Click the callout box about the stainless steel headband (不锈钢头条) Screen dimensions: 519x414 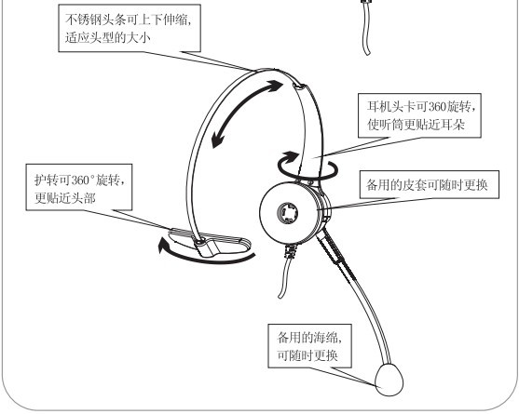coord(130,28)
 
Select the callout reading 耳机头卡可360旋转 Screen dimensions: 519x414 coord(419,115)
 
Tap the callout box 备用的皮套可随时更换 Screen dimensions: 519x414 coord(429,184)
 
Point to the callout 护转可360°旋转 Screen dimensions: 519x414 coord(79,187)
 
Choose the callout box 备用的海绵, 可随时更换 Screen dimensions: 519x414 coord(309,345)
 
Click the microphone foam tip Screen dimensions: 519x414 coord(389,380)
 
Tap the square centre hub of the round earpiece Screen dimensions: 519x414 coord(287,213)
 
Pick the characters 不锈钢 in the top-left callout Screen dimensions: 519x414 coord(83,20)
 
